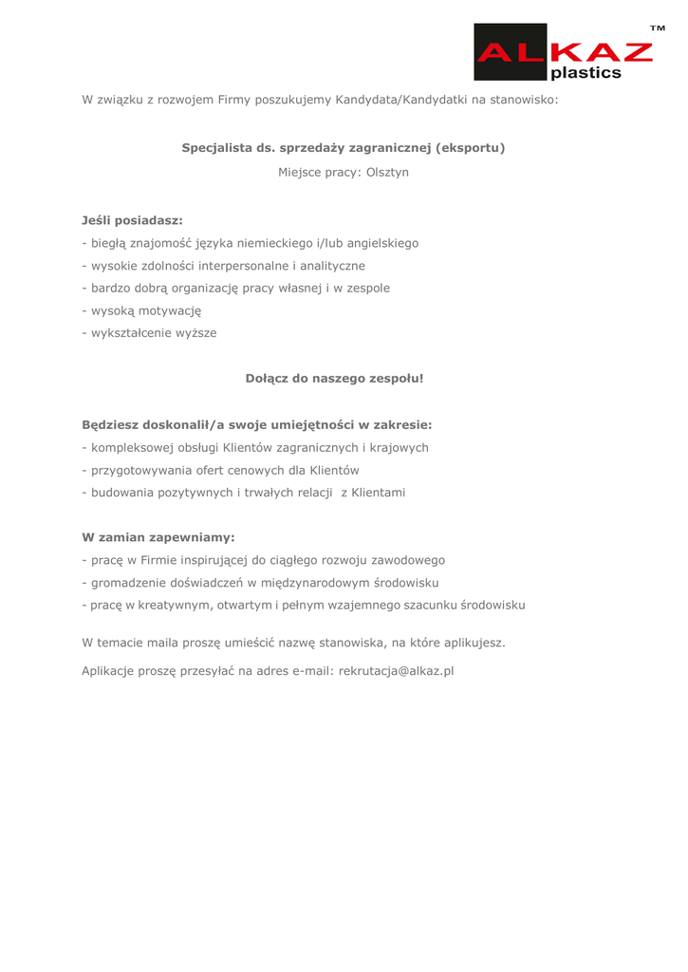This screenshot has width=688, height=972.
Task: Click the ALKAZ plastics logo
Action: coord(564,52)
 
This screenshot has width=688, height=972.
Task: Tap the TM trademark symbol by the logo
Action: coord(657,29)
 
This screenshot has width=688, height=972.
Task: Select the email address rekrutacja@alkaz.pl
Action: coord(396,671)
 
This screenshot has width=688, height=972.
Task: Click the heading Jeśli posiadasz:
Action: coord(132,220)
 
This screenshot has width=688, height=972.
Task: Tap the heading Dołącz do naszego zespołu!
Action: coord(334,378)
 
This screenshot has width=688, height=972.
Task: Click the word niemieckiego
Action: coord(273,243)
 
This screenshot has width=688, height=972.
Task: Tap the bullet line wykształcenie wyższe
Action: coord(150,333)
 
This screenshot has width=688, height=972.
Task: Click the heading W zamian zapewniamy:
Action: coord(158,537)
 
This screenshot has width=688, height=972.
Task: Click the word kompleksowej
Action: coord(128,447)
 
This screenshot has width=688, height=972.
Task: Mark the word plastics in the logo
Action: coord(586,72)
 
